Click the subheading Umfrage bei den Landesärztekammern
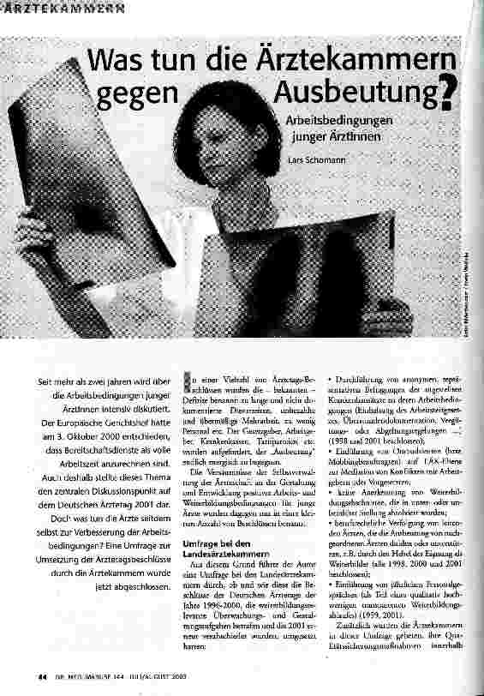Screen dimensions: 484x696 [224, 501]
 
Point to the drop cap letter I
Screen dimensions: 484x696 [188, 381]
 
